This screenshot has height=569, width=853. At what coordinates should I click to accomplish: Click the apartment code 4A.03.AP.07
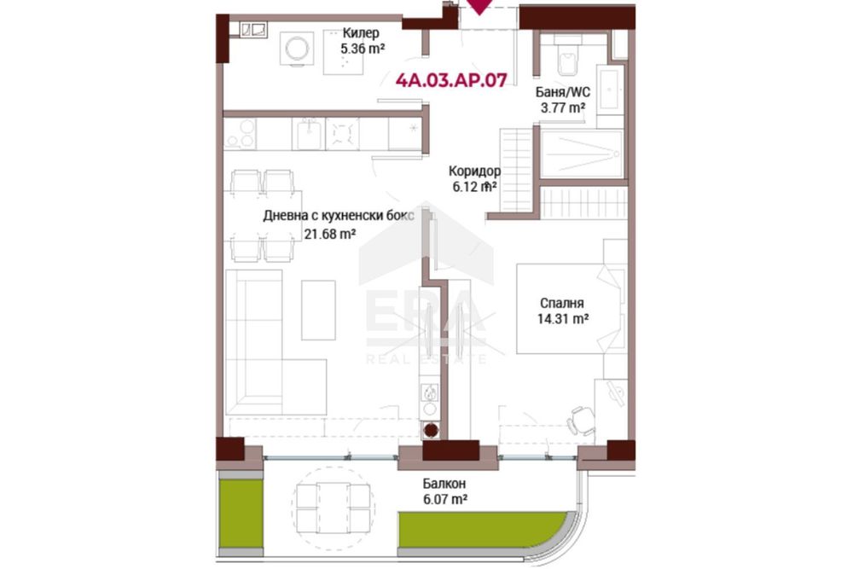click(x=451, y=80)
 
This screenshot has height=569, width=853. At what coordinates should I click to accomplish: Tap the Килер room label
click(x=361, y=34)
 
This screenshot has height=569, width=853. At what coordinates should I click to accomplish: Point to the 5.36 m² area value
click(x=363, y=49)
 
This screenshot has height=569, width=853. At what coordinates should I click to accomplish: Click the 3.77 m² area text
click(x=562, y=107)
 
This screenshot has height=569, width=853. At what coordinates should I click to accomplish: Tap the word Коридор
click(x=474, y=171)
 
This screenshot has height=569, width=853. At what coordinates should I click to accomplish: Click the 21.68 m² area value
click(x=330, y=235)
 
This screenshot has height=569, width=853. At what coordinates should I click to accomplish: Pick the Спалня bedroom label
click(x=562, y=304)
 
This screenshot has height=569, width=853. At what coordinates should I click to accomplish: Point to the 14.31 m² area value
click(x=562, y=319)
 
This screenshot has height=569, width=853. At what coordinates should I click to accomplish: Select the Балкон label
click(x=444, y=484)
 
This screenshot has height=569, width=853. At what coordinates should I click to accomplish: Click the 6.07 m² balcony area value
click(x=445, y=499)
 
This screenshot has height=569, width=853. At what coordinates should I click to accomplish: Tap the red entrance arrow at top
click(x=479, y=7)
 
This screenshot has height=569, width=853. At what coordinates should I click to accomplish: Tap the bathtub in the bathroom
click(x=582, y=154)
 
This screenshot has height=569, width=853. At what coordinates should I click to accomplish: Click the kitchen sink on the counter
click(x=309, y=134)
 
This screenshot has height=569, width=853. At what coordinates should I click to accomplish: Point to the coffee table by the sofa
click(x=318, y=311)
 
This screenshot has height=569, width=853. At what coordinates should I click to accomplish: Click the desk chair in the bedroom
click(x=580, y=421)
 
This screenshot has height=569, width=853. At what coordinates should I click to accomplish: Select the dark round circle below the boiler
click(x=431, y=430)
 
